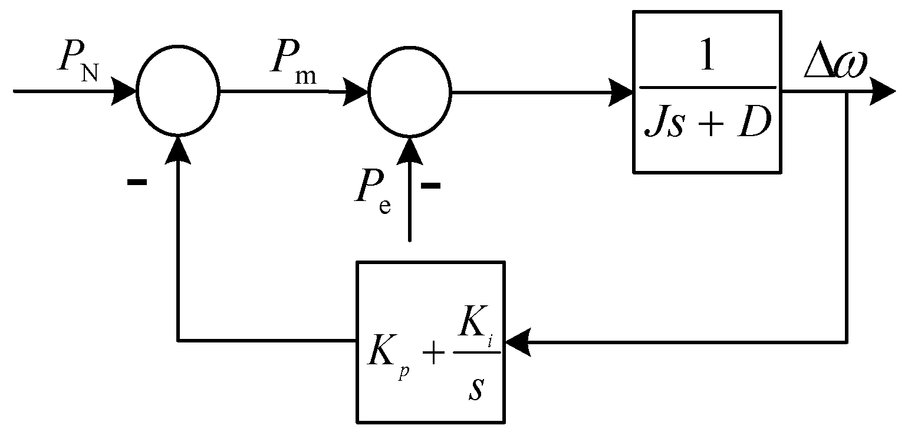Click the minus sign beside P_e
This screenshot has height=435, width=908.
[x=430, y=186]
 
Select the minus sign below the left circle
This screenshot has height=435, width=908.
[x=136, y=182]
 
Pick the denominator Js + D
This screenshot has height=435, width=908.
[x=706, y=124]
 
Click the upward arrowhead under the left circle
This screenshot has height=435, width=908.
[x=178, y=147]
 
